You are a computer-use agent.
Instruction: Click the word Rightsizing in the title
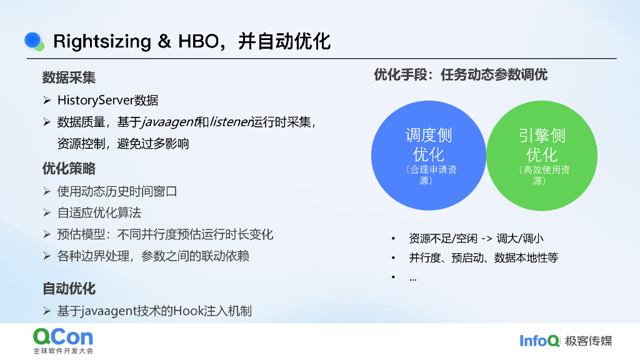tap(102, 42)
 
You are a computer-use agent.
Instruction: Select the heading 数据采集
tap(69, 77)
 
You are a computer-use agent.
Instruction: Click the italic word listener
tap(230, 122)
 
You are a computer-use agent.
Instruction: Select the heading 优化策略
tap(69, 169)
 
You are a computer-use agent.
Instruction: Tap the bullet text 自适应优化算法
tap(99, 212)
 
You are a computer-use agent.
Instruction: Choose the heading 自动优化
tap(69, 289)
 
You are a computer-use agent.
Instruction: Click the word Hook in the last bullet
tap(187, 311)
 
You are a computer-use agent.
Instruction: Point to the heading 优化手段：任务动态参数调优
tap(461, 75)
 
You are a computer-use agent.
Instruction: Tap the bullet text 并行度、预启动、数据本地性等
tap(483, 257)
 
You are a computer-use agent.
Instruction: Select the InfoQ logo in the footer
tap(539, 341)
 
